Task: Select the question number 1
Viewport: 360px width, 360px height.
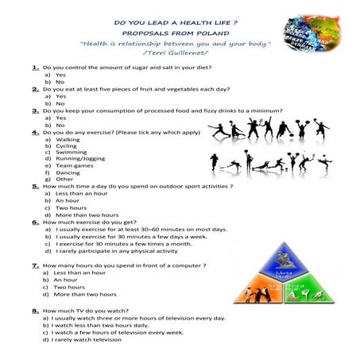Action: (36, 68)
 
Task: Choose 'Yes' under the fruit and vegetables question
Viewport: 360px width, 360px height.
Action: (60, 96)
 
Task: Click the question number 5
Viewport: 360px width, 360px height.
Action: (36, 186)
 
